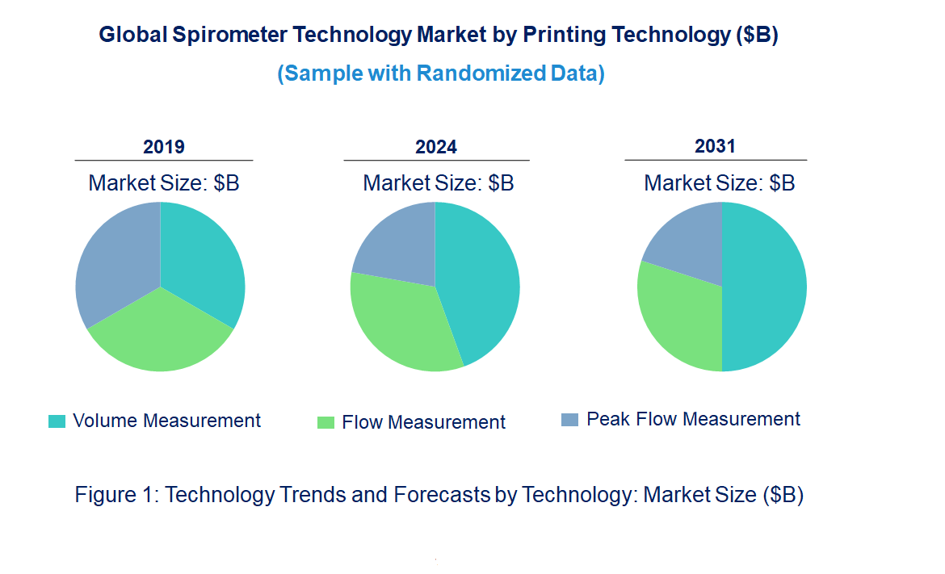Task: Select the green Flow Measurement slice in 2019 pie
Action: pyautogui.click(x=160, y=335)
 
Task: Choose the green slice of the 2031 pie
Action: pyautogui.click(x=678, y=315)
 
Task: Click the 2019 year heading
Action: pyautogui.click(x=164, y=147)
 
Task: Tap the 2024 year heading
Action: pyautogui.click(x=436, y=147)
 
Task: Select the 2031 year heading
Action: pyautogui.click(x=716, y=146)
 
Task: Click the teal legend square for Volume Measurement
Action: pyautogui.click(x=57, y=421)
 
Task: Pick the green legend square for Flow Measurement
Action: pyautogui.click(x=325, y=422)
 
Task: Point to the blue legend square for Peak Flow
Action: pyautogui.click(x=569, y=420)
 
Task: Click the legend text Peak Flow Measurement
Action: pyautogui.click(x=693, y=419)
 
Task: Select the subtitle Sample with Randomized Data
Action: pyautogui.click(x=441, y=73)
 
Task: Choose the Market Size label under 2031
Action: pyautogui.click(x=719, y=183)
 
